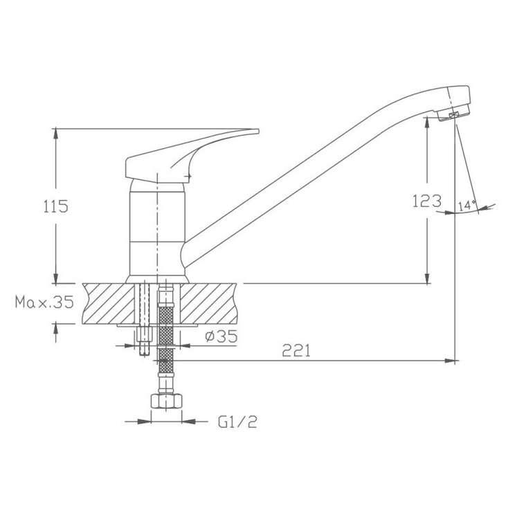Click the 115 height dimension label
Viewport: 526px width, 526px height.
coord(55,206)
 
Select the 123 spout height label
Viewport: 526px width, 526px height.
coord(427,201)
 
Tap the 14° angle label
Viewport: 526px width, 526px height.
coord(467,206)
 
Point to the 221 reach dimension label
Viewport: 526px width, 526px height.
coord(296,351)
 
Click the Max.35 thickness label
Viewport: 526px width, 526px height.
coord(44,302)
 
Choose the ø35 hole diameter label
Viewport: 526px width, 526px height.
coord(221,336)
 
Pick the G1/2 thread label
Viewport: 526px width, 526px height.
coord(237,421)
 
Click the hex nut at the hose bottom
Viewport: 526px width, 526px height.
coord(166,401)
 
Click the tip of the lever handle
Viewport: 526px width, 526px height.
coord(258,131)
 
